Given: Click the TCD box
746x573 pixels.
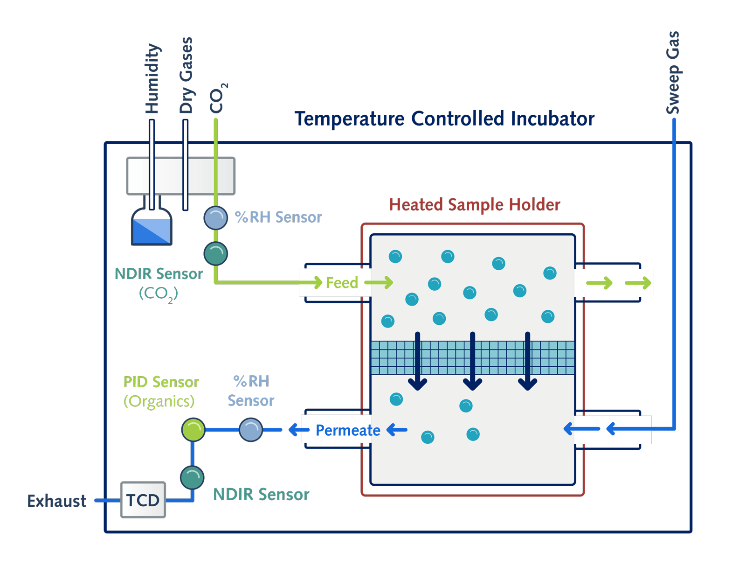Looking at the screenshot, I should tap(143, 500).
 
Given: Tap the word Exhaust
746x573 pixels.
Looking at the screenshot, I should tap(56, 501).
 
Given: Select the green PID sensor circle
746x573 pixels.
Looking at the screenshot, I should tap(193, 429).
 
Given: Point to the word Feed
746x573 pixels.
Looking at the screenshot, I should tap(342, 283).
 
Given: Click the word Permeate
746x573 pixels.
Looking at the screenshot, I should tap(348, 430).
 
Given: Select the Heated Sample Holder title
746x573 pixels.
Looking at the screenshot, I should tap(475, 205).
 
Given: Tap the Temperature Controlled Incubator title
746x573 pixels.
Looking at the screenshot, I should tap(444, 119).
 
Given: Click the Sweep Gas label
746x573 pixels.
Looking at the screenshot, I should tap(673, 72).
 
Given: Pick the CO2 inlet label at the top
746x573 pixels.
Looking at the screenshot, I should tap(217, 98).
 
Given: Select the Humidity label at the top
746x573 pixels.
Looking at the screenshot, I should tap(152, 78).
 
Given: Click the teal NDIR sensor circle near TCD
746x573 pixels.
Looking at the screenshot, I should tap(192, 477).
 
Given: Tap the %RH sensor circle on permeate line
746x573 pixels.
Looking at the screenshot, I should tap(251, 429).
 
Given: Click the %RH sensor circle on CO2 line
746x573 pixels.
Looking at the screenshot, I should tap(216, 217).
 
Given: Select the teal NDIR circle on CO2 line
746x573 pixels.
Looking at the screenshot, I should tap(216, 253).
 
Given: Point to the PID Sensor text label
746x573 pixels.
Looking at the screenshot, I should tap(161, 382).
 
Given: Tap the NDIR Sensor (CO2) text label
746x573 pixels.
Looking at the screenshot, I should tap(159, 283).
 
